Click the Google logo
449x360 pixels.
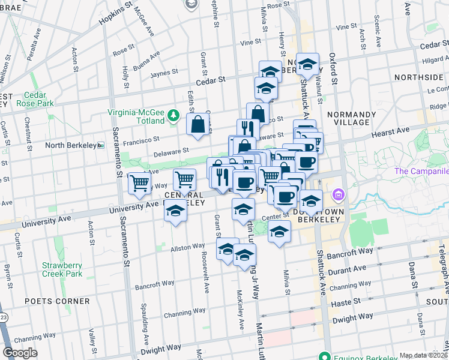(x=20, y=353)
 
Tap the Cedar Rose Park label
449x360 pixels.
(x=39, y=99)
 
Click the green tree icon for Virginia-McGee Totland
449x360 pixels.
(x=174, y=114)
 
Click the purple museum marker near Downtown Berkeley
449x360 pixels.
(x=339, y=194)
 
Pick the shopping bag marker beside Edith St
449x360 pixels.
(x=197, y=125)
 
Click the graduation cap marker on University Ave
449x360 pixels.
(x=175, y=212)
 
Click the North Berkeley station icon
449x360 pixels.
(x=101, y=145)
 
